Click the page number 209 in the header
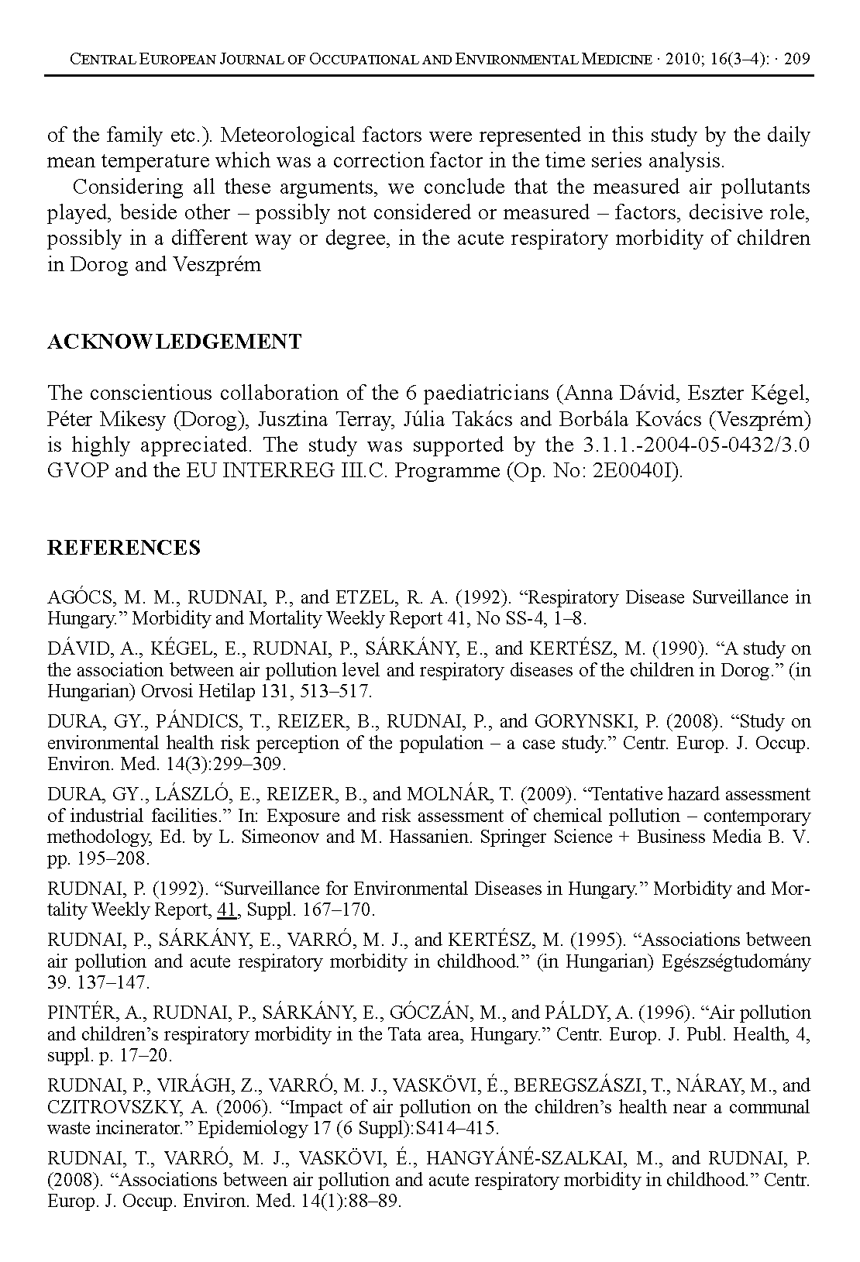click(x=797, y=59)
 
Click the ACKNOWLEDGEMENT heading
click(x=174, y=342)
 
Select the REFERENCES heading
click(x=124, y=548)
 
